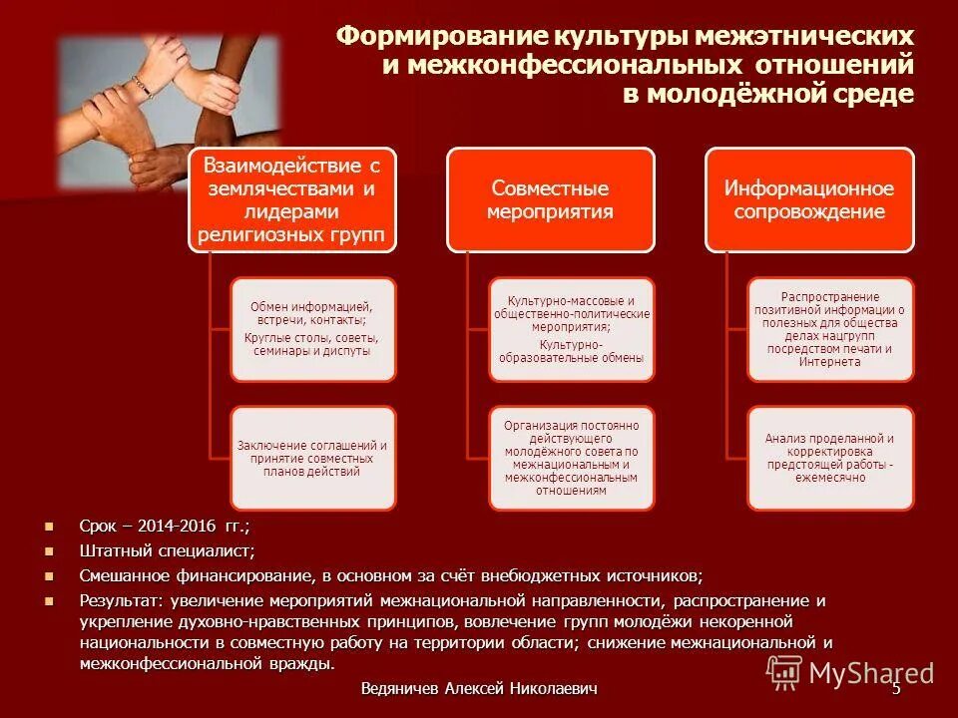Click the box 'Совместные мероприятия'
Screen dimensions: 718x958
551,199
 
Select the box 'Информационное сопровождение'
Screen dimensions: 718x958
809,199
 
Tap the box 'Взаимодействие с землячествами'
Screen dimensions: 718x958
292,199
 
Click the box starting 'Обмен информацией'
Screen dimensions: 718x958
313,329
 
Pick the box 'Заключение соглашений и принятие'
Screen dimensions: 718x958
313,458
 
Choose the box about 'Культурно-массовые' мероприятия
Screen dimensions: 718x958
572,328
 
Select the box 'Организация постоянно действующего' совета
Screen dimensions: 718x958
572,458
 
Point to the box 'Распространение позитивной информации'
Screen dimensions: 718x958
830,328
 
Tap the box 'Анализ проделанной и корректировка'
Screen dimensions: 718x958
830,458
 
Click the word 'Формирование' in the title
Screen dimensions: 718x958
436,38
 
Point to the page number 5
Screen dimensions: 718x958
896,689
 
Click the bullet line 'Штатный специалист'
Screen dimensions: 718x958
167,550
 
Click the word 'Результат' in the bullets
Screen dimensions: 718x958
121,601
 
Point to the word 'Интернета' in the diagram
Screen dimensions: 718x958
829,362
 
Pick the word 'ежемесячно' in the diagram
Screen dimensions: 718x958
829,478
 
